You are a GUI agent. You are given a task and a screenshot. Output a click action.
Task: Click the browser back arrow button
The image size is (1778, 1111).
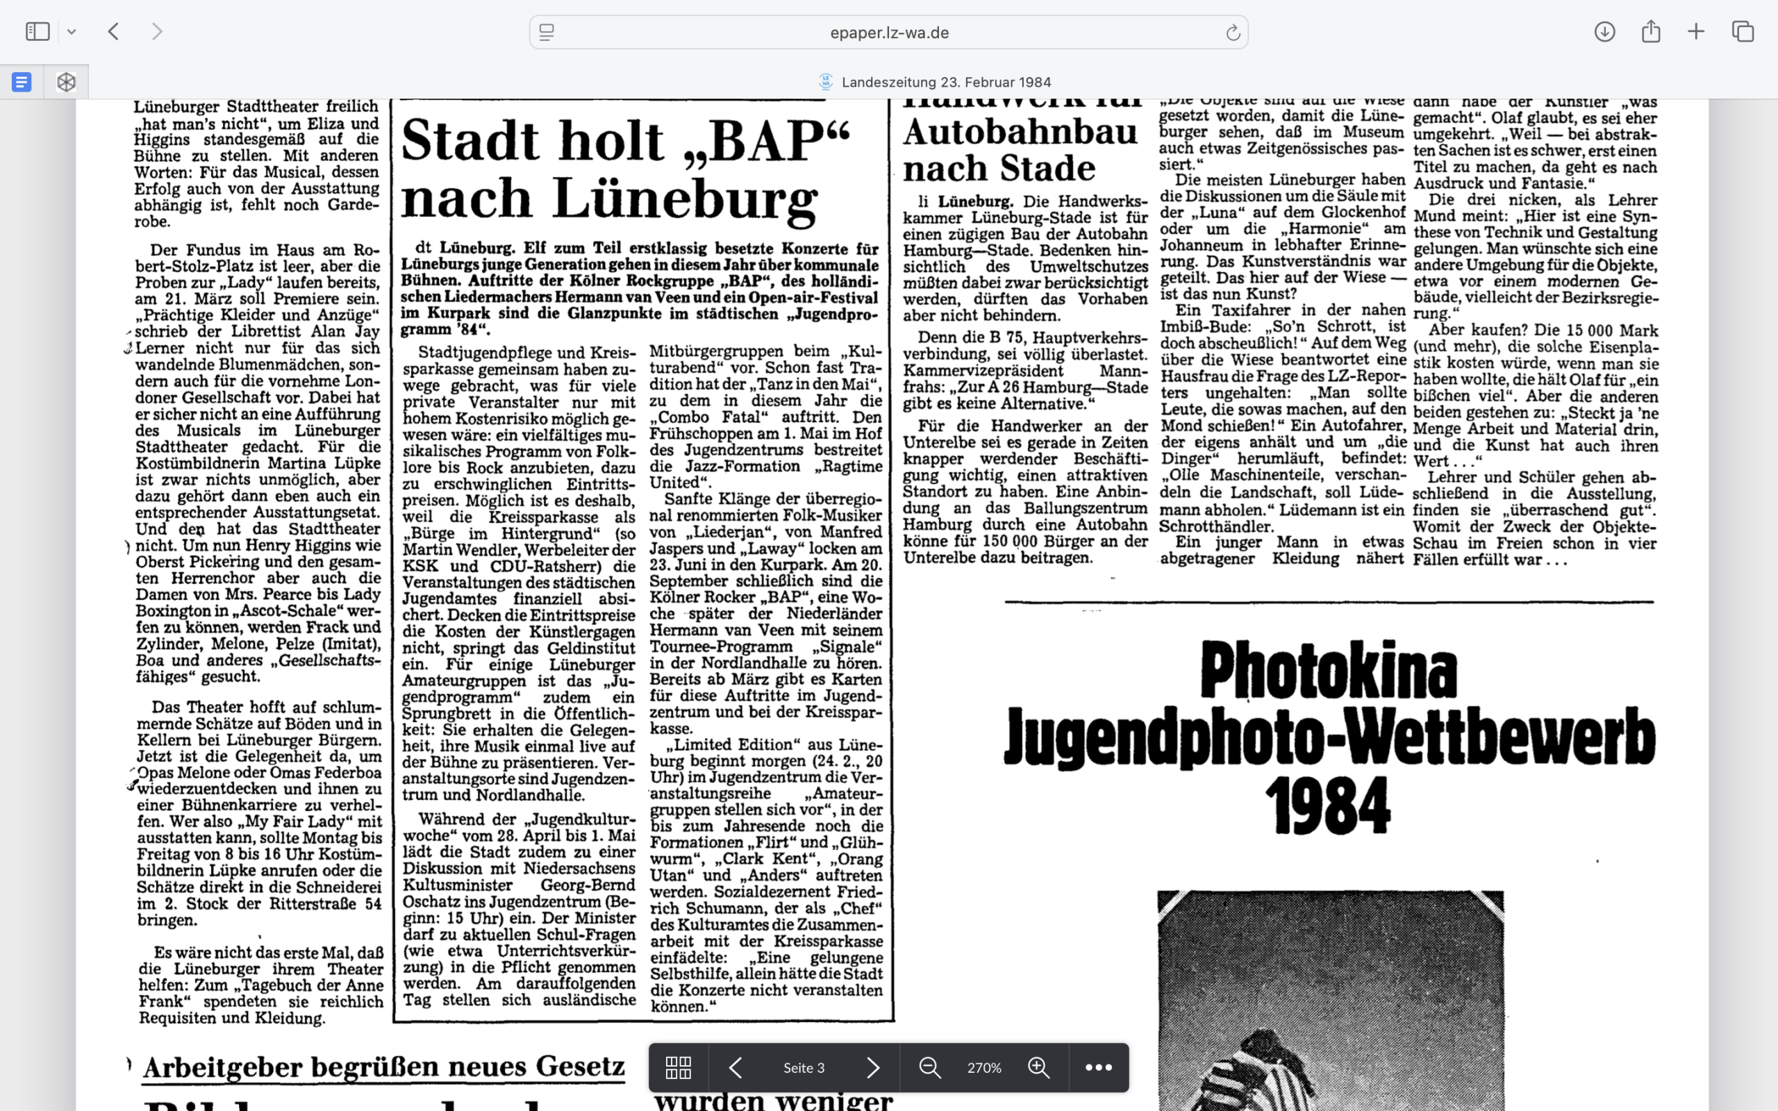pos(114,32)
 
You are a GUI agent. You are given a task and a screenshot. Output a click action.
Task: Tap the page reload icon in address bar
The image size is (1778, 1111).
pos(1233,33)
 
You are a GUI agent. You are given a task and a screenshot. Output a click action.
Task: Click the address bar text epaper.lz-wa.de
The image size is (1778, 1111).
pos(889,33)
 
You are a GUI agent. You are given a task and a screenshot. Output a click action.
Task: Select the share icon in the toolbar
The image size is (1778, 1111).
pos(1651,32)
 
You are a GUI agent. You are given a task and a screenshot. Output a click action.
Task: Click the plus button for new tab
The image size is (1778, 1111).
pos(1697,32)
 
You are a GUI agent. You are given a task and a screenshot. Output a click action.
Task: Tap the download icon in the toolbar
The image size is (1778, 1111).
pos(1604,32)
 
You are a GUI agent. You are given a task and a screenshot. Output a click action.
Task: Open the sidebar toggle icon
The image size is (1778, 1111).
pos(38,32)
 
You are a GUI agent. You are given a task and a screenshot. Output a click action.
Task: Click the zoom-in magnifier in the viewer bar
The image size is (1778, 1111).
pos(1038,1068)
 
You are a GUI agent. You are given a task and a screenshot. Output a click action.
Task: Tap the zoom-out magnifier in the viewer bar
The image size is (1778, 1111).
pos(930,1068)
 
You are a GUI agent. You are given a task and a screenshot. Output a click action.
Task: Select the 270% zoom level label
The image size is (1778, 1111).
pos(983,1068)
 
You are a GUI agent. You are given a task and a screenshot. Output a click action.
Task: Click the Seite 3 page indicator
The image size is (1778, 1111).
pos(804,1068)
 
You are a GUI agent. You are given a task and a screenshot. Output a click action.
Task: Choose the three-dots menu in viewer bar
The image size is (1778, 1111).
pos(1098,1068)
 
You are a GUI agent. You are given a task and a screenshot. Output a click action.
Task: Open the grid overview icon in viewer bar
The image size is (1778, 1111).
pos(678,1068)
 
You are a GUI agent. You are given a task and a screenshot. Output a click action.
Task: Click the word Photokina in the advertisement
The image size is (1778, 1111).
pos(1329,670)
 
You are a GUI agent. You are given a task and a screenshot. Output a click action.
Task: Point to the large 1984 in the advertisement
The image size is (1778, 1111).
pos(1329,806)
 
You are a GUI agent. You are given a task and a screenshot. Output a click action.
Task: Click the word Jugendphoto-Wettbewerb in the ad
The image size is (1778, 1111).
pos(1329,737)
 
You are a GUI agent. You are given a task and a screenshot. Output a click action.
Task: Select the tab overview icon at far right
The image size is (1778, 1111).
pos(1743,32)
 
